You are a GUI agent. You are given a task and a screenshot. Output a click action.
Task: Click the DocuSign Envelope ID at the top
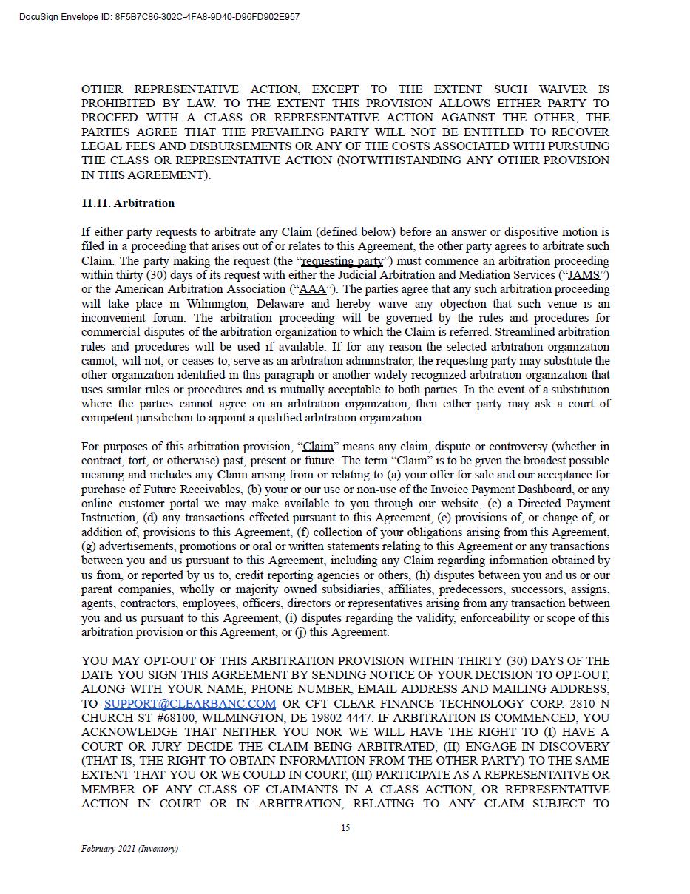point(159,16)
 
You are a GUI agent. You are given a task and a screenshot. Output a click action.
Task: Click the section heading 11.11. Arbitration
point(128,203)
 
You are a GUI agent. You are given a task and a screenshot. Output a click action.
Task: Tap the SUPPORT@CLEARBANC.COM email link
point(190,704)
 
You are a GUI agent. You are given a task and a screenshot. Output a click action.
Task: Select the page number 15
point(345,828)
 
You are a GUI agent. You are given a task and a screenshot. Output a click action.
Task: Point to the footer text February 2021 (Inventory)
point(129,849)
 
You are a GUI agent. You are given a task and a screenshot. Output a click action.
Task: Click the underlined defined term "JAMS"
point(584,275)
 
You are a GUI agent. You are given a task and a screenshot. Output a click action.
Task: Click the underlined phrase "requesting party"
point(342,261)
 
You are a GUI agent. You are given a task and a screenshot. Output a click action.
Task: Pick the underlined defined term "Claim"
point(318,447)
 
